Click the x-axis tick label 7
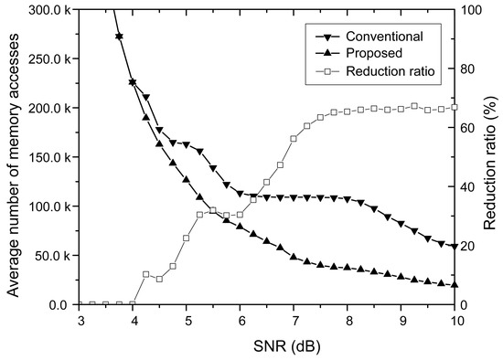[x=294, y=321]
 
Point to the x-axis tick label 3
[x=80, y=321]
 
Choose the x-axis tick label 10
[x=455, y=321]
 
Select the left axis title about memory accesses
[x=13, y=157]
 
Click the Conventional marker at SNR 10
[x=455, y=247]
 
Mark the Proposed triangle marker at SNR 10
[x=455, y=284]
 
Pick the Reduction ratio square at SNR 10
[x=455, y=107]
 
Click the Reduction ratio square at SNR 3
[x=80, y=304]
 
